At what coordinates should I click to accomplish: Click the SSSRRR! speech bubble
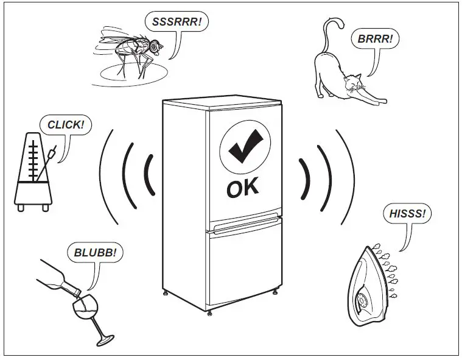coord(177,23)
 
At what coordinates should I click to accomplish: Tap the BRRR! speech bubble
coord(375,40)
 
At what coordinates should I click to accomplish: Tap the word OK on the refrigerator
coord(242,188)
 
